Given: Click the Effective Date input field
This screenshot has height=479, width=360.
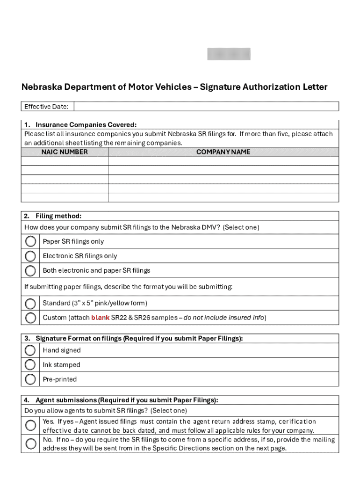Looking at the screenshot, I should pos(206,107).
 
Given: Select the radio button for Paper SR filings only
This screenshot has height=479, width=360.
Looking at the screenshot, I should pos(30,241).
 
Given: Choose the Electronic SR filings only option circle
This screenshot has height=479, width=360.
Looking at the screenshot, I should pos(30,256).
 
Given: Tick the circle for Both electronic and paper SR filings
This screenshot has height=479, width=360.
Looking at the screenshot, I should pos(30,270).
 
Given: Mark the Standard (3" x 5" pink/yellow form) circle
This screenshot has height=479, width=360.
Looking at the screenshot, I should pos(30,303).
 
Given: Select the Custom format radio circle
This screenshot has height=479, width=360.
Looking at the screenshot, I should pos(30,318).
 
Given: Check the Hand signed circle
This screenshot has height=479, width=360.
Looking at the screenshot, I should pos(30,350).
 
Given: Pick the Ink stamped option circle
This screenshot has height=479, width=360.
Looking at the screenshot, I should pos(30,365).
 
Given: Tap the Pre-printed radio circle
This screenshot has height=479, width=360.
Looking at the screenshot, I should pos(30,379).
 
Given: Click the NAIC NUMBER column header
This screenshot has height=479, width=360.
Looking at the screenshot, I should pos(65,152).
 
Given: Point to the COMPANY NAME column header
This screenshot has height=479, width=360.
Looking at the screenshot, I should pos(223,152).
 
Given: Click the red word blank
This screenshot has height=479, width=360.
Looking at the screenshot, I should pos(100,318).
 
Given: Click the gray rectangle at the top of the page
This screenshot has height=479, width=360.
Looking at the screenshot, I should pos(229,54).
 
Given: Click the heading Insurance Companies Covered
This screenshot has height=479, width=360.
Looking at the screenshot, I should pos(86,125).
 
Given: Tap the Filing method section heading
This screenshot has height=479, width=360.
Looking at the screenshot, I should pos(58,216).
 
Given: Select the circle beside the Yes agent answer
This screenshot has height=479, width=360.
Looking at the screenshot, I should pos(30,425).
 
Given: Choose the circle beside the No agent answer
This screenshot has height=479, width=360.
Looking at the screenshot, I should pos(30,443).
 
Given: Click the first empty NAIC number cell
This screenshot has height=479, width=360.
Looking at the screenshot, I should pos(65,161).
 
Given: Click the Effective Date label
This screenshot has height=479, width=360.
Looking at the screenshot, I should pos(46,107).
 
